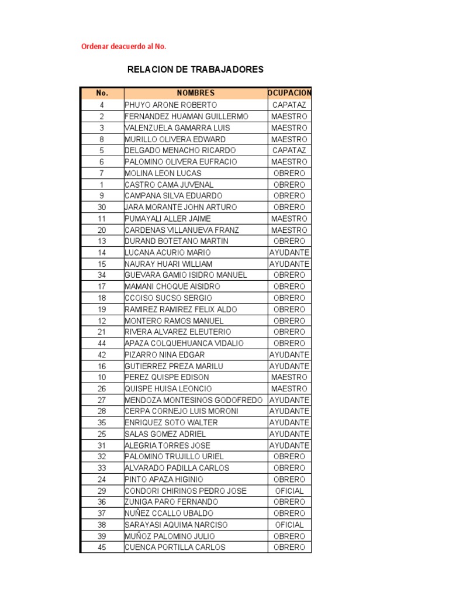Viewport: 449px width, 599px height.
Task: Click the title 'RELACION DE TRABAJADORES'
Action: pos(195,70)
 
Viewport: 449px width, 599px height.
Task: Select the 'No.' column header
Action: pos(102,93)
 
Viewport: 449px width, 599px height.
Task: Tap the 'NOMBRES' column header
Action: pos(195,93)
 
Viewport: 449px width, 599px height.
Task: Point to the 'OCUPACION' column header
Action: pos(289,93)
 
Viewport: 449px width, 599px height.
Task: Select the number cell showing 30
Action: pos(102,207)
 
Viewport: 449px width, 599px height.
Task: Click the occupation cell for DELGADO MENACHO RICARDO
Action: pos(289,150)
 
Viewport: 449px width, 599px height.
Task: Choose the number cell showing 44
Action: pos(102,343)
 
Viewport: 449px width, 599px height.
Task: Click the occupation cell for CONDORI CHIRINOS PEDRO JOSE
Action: pos(289,491)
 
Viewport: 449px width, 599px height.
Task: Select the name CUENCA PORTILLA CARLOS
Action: pos(175,548)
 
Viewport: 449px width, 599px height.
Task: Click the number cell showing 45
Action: pos(102,548)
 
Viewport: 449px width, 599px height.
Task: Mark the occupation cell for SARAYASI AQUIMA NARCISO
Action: pos(289,525)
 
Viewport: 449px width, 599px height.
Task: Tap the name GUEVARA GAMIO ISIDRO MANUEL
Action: pos(186,275)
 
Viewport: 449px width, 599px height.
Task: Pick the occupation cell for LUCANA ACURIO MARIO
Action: pos(289,253)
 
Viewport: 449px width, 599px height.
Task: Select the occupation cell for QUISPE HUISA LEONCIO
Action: pos(289,389)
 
